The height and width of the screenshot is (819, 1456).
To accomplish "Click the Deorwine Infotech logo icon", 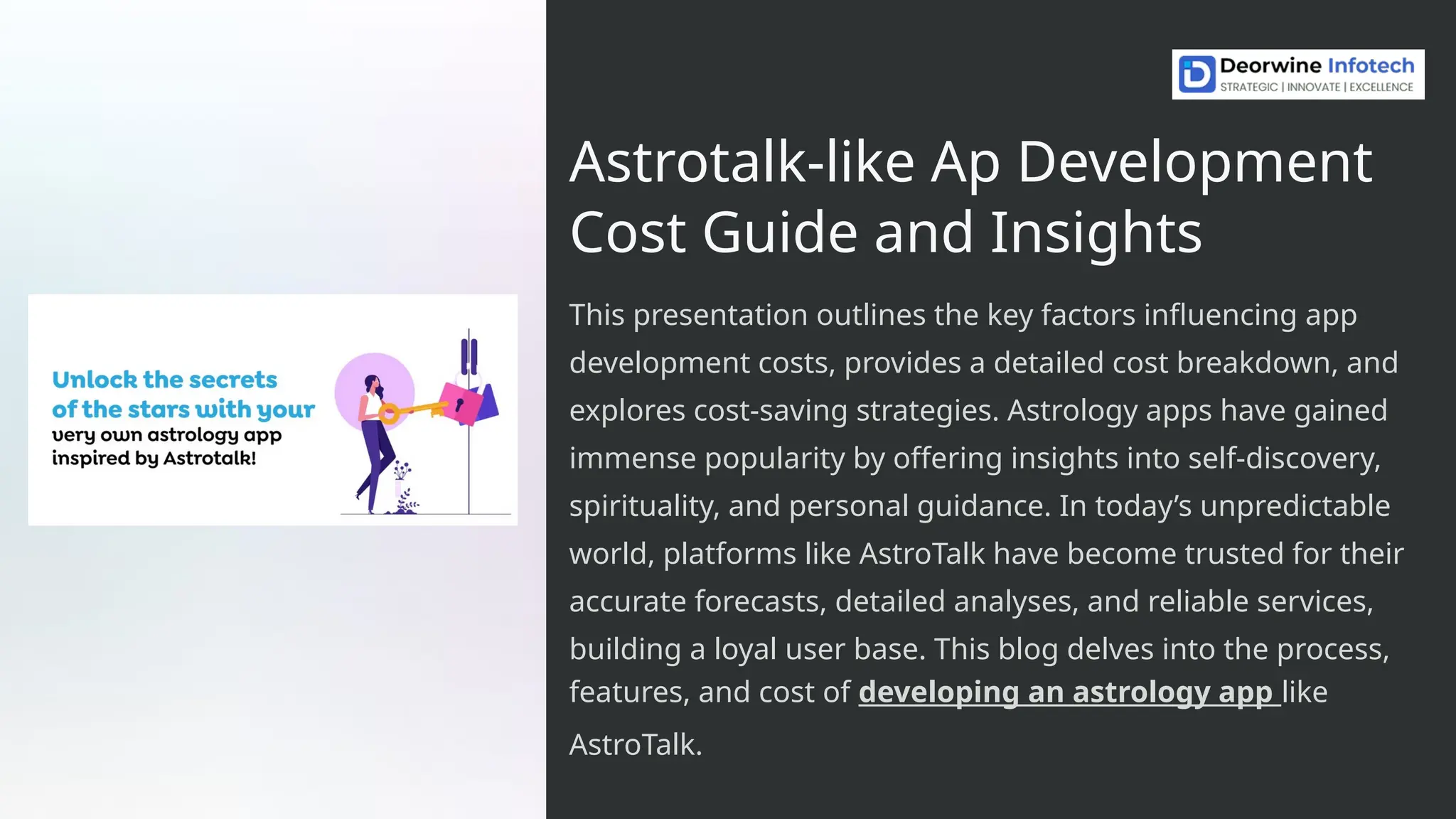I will [x=1197, y=74].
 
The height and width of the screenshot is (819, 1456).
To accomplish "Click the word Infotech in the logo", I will [x=1371, y=65].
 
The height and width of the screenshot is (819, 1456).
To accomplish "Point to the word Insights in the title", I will [x=1095, y=232].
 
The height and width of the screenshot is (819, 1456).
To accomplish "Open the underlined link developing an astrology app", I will [x=1069, y=692].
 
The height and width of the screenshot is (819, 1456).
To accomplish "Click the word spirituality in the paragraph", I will [x=643, y=506].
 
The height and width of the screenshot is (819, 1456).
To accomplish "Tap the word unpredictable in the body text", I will [x=1295, y=506].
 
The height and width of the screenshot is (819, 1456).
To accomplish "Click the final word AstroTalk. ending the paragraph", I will [x=636, y=744].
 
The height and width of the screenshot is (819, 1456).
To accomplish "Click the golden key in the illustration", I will [x=412, y=410].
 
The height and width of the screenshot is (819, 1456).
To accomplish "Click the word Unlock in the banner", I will [x=95, y=380].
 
